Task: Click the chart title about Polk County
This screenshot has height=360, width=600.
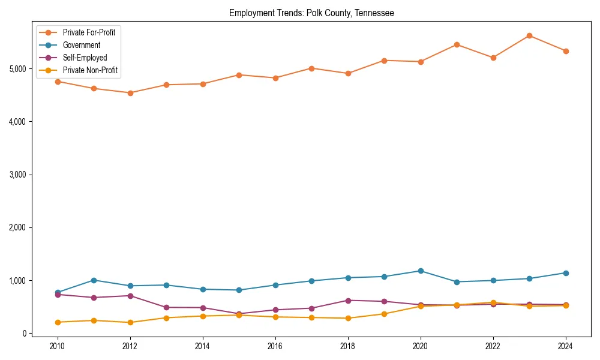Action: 311,13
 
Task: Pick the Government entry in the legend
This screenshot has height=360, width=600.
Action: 81,45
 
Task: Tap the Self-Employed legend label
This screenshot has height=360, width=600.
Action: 85,58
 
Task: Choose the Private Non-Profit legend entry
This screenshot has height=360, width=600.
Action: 90,70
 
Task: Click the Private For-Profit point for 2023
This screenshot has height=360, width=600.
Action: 529,35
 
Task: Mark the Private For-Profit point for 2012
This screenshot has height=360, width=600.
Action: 130,93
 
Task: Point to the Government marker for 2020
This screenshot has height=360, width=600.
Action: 421,271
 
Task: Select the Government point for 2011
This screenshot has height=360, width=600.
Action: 94,280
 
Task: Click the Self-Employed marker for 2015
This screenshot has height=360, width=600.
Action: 239,314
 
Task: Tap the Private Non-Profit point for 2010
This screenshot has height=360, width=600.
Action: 58,322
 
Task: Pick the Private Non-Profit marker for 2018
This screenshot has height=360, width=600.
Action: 348,318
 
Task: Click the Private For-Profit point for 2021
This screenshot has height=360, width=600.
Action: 457,44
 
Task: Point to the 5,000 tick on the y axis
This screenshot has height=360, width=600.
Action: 17,69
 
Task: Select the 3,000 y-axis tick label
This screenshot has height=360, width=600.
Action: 17,175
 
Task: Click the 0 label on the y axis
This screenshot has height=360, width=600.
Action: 24,334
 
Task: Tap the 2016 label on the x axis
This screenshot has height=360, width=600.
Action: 275,346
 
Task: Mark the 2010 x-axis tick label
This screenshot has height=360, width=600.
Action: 58,346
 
